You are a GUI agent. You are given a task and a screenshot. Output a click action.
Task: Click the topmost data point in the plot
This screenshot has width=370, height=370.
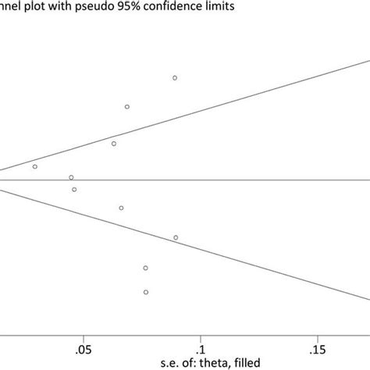click(175, 78)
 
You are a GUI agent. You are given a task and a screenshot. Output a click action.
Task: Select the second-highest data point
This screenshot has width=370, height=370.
click(127, 107)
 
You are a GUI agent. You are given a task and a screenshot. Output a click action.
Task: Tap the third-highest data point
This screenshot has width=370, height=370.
click(114, 144)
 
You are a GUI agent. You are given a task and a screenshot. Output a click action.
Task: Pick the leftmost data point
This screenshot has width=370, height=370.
click(34, 166)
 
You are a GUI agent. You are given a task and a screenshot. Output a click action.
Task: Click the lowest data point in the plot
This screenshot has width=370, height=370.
click(146, 292)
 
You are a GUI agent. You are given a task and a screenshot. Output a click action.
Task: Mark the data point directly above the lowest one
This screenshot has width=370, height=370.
click(146, 268)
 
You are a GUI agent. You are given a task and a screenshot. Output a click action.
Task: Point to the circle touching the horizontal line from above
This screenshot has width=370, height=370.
click(71, 177)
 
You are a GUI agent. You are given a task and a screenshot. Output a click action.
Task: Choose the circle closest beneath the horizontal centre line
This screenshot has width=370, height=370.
click(74, 190)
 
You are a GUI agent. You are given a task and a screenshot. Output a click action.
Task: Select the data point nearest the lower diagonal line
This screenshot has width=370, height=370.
click(176, 237)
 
